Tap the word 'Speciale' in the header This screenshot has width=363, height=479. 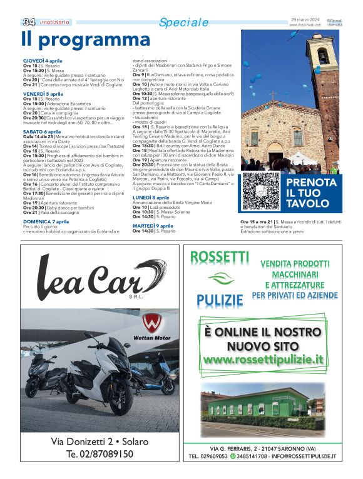point(183,23)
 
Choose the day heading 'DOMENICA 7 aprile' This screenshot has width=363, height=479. point(46,221)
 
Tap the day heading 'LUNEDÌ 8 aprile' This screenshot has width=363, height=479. point(150,197)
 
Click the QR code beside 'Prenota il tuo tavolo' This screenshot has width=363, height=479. point(260,191)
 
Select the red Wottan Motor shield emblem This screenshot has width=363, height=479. point(151,324)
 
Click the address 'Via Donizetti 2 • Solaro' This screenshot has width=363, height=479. point(100,441)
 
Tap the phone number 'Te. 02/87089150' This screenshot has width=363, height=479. point(100,453)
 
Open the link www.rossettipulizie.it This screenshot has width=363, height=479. point(263,359)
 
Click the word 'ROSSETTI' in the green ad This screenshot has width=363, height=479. point(219,257)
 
